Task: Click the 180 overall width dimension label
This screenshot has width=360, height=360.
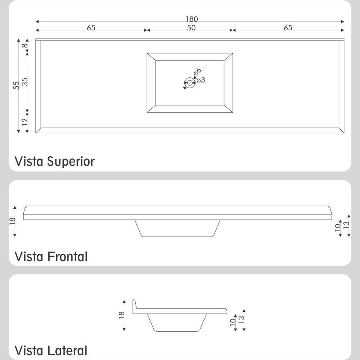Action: coord(192,19)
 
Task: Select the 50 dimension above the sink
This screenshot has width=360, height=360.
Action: coord(191,28)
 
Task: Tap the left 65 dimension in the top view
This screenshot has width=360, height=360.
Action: coord(91,28)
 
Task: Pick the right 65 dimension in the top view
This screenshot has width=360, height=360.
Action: coord(288,28)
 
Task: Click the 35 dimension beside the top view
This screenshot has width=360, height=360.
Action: coord(25,82)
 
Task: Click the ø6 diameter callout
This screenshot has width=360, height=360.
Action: coord(197,72)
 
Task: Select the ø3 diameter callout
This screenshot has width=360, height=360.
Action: coord(201,80)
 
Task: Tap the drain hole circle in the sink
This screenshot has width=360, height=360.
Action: coord(190,83)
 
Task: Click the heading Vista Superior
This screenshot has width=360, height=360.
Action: coord(55,161)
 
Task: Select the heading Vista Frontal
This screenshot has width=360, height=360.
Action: coord(51,257)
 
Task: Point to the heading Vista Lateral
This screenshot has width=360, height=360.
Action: coord(51,350)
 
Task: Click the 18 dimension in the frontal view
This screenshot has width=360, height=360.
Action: coord(12,220)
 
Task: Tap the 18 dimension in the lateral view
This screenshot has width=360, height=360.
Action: coord(122,315)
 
